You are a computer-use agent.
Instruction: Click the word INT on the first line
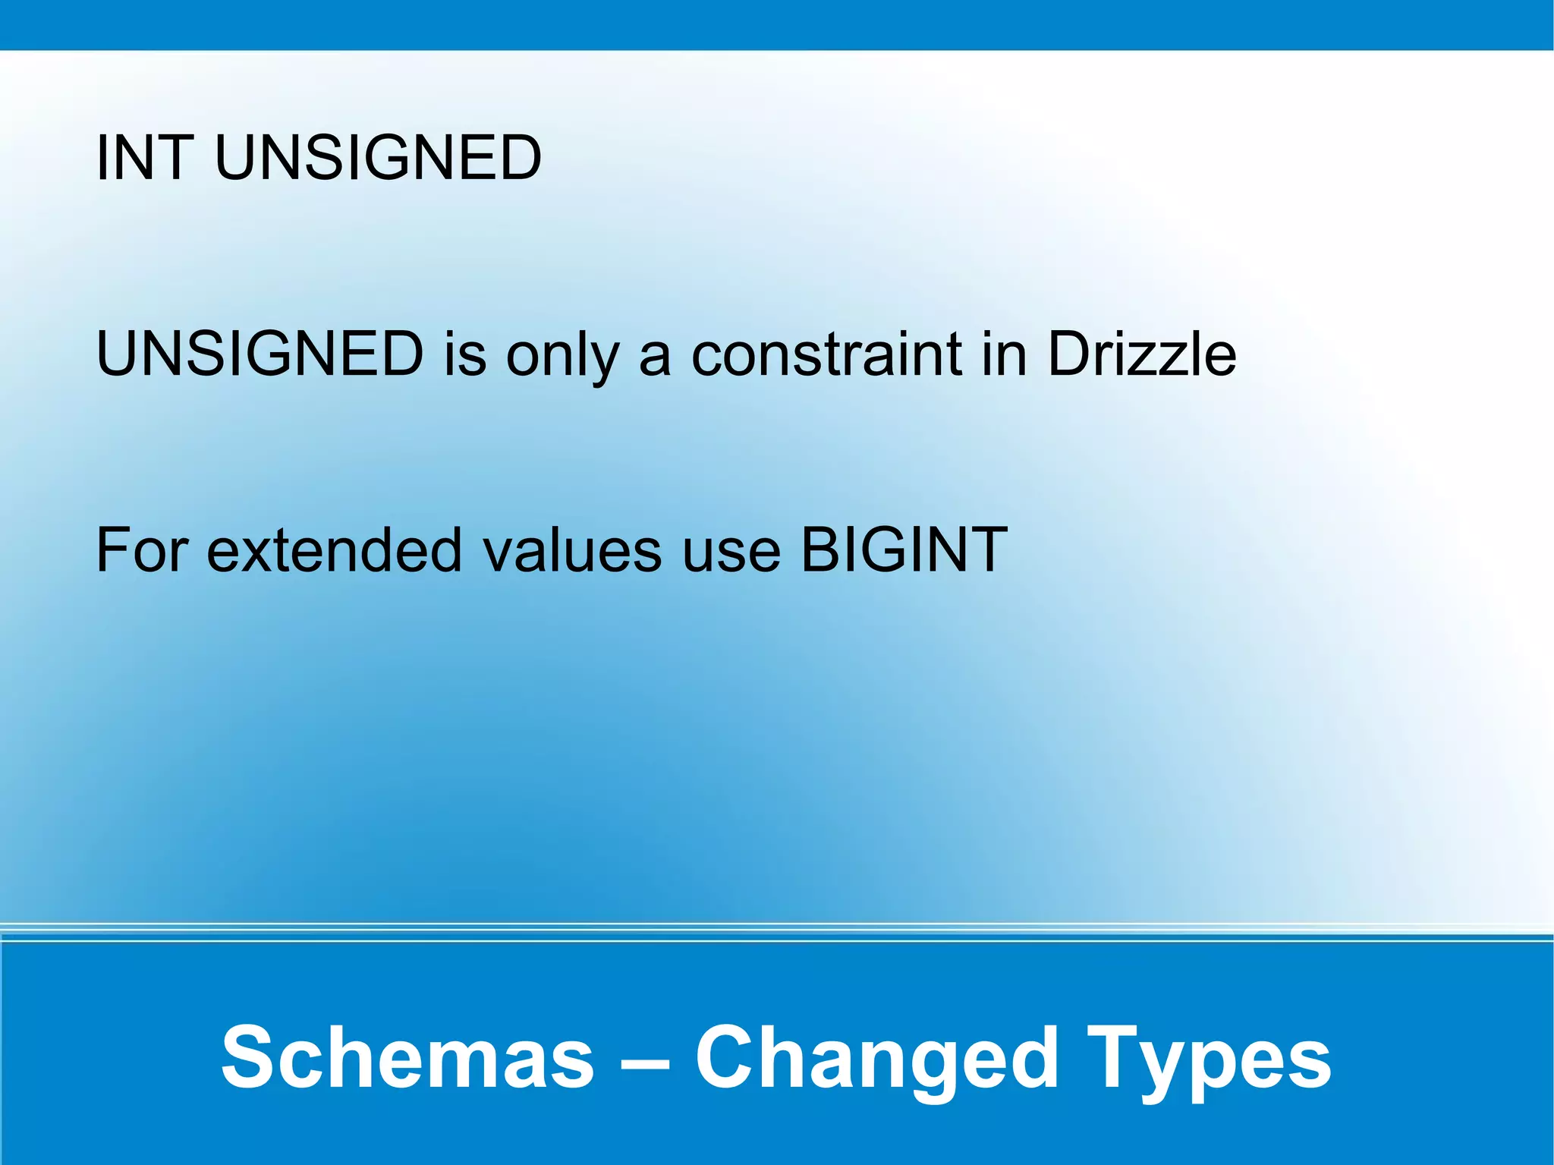pos(143,158)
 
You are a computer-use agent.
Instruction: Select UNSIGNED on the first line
pos(378,158)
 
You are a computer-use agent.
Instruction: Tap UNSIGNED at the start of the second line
pos(260,354)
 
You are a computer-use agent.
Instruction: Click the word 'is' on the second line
pos(465,354)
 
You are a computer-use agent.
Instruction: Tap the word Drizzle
pos(1142,354)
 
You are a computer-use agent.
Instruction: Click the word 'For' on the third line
pos(142,549)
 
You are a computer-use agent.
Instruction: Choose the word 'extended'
pos(334,549)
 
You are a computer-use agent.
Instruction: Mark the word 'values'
pos(573,549)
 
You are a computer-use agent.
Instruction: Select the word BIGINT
pos(904,549)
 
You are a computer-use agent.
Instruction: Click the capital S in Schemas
pos(247,1057)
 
